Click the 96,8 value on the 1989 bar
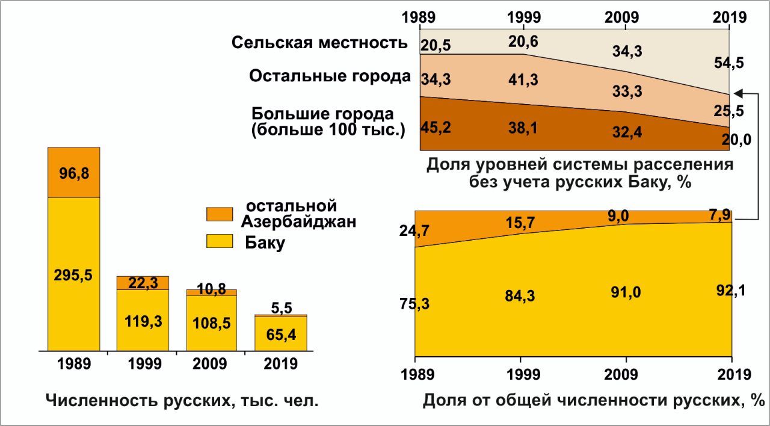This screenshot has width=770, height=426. (x=74, y=173)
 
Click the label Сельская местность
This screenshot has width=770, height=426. (x=319, y=43)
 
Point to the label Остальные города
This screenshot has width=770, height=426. (x=330, y=76)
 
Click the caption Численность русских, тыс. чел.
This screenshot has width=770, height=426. (x=182, y=400)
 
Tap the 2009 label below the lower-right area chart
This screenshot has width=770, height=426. (x=626, y=374)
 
